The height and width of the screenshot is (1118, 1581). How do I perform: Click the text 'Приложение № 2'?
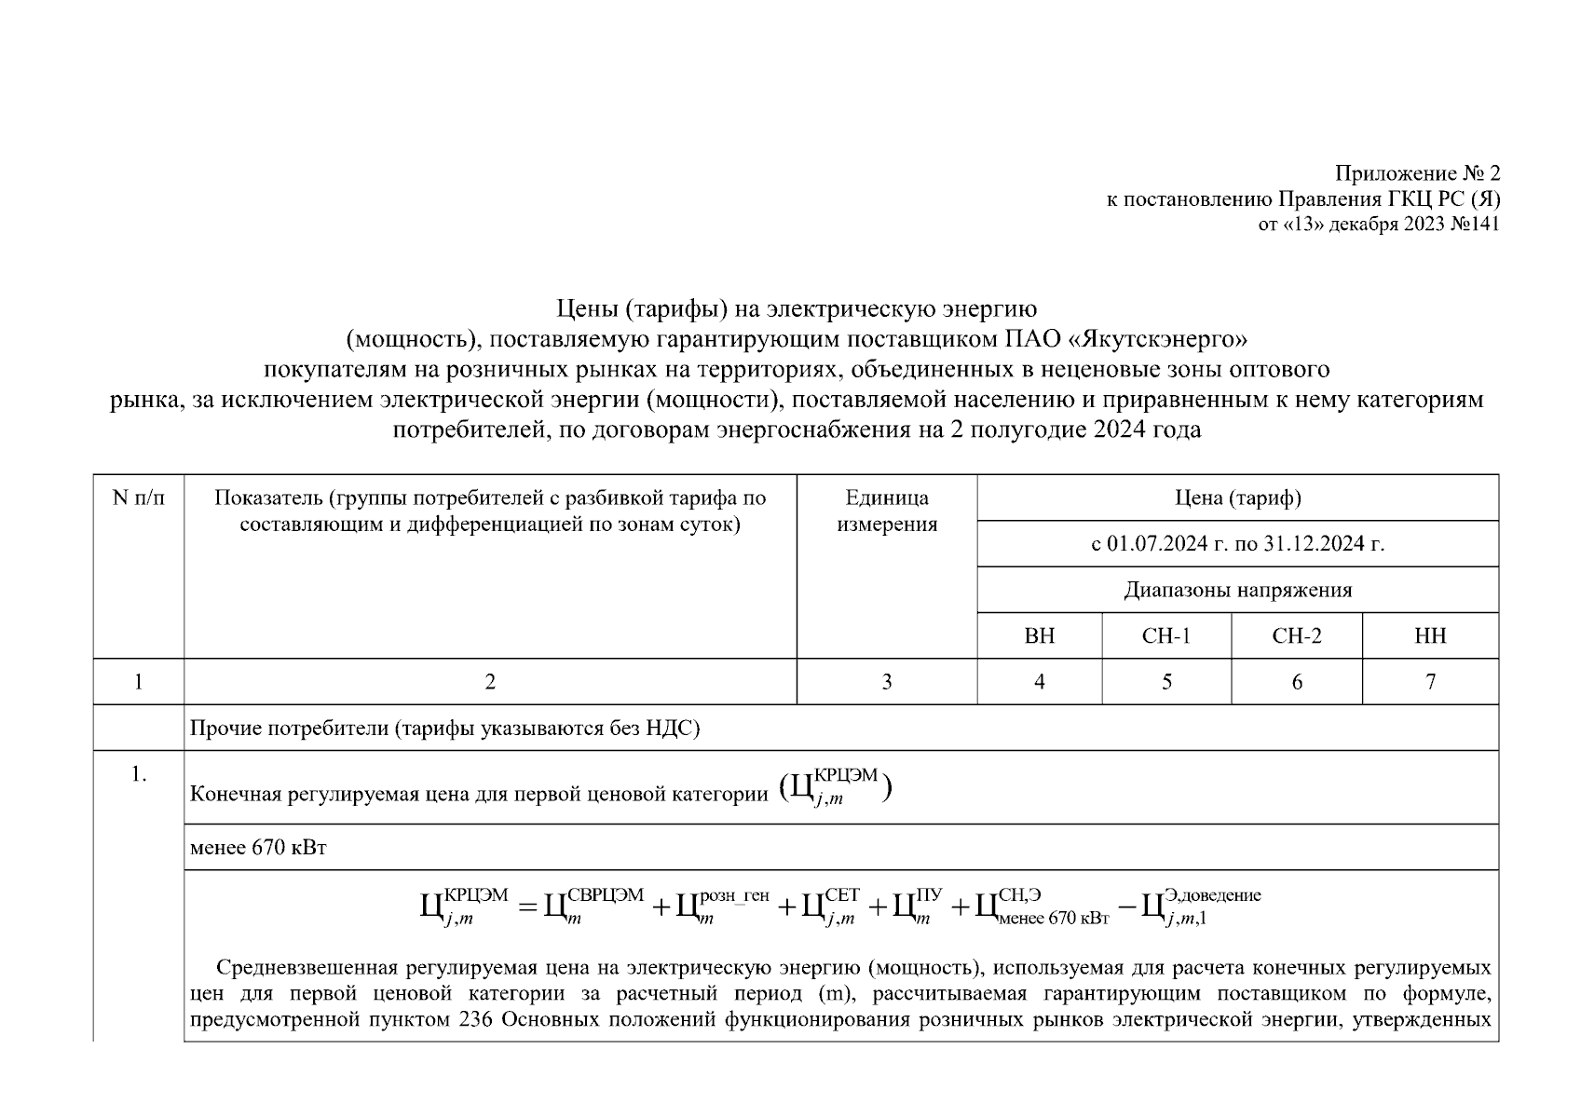(1417, 174)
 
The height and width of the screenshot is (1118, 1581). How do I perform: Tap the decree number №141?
(1476, 225)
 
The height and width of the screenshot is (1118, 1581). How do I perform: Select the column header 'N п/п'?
(138, 498)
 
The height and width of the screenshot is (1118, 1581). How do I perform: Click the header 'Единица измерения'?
(886, 511)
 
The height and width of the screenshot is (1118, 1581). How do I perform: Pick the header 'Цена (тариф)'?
(1237, 498)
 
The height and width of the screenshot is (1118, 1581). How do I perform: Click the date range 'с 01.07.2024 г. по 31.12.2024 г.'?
(1237, 544)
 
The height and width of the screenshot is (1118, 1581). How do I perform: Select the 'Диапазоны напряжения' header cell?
(1237, 590)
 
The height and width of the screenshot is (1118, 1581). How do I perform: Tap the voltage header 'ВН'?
(1039, 636)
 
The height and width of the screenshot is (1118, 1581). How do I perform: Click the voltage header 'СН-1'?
(1165, 636)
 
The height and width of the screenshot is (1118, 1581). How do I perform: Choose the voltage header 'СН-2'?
(1296, 636)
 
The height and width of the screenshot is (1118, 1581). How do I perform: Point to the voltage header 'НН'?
(1430, 636)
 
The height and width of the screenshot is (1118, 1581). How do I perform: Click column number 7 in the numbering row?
(1430, 682)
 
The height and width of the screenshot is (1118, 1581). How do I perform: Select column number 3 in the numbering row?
(886, 682)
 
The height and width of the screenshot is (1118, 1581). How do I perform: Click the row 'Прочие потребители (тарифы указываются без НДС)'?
(444, 729)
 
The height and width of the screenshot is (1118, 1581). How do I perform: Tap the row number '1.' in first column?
(139, 774)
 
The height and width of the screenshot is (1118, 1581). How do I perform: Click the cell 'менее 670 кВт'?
(258, 848)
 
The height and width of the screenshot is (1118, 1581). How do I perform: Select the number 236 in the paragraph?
(475, 1018)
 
